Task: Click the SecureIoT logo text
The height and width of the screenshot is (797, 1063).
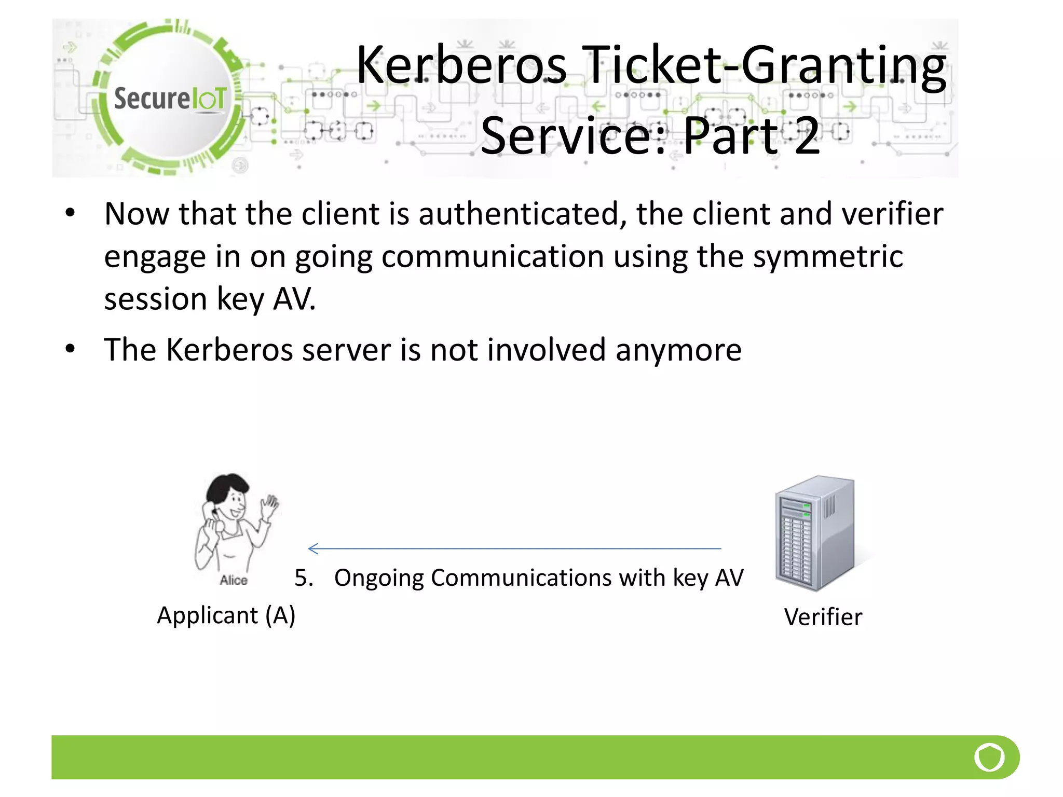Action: pyautogui.click(x=170, y=99)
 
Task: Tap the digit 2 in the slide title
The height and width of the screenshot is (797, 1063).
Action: pyautogui.click(x=807, y=136)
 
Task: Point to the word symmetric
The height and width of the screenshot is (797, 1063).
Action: pyautogui.click(x=828, y=256)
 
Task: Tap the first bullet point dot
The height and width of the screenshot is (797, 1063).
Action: pyautogui.click(x=71, y=213)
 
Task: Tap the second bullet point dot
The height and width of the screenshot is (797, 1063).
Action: pyautogui.click(x=71, y=349)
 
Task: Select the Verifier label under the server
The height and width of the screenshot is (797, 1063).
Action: pyautogui.click(x=823, y=617)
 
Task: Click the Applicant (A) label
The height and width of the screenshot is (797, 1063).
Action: pyautogui.click(x=226, y=616)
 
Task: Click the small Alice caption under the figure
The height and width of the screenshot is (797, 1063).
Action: pyautogui.click(x=234, y=580)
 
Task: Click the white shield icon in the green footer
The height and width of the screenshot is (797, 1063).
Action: pyautogui.click(x=989, y=757)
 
